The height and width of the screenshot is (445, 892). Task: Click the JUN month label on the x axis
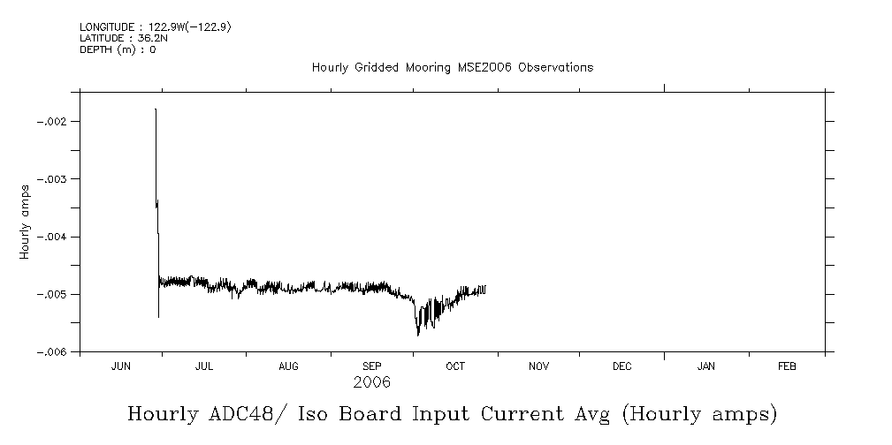(121, 366)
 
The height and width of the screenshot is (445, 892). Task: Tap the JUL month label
(204, 366)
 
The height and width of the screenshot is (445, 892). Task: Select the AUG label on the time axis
(288, 366)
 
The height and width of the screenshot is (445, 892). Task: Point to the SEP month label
(372, 366)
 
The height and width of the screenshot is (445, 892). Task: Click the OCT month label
(455, 366)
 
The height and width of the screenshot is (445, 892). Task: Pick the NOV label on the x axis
(538, 366)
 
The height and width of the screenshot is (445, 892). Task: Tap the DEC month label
(621, 366)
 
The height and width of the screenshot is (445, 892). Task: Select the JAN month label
(705, 366)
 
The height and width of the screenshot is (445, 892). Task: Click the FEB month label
(786, 366)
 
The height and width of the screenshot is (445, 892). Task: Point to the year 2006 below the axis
(371, 382)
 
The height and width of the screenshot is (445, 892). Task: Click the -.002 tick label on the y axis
(55, 121)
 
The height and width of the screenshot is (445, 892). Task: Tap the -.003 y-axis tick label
(55, 178)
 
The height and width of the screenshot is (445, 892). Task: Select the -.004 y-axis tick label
(55, 237)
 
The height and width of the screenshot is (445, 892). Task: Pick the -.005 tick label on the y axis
(55, 294)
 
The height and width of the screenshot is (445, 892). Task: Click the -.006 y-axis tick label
(55, 351)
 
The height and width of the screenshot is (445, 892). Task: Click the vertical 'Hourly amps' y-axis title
(26, 221)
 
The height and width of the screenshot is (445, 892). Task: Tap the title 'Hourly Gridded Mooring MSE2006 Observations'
(452, 67)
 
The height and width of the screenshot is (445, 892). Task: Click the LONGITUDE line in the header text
(156, 27)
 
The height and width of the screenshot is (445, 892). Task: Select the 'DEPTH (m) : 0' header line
(118, 49)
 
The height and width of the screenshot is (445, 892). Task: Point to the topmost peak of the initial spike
(156, 109)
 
